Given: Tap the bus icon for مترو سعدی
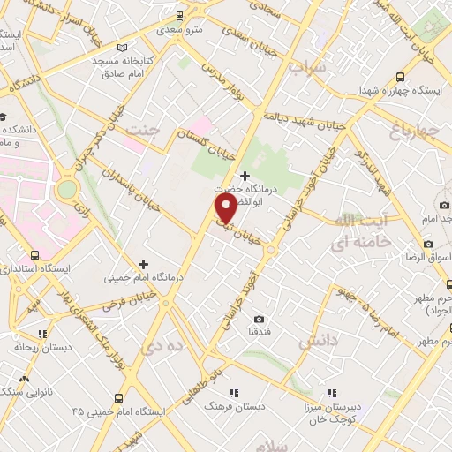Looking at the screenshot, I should (179, 15).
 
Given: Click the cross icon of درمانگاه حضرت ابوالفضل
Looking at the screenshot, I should (245, 175).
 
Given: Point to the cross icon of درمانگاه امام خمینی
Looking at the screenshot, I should (142, 264).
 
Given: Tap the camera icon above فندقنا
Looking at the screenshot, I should (259, 319).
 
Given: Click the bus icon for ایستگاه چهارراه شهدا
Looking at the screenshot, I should (400, 77).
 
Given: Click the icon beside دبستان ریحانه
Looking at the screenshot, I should (41, 334).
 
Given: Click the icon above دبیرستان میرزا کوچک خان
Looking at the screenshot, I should (332, 392).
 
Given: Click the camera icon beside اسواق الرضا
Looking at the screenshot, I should (429, 243).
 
